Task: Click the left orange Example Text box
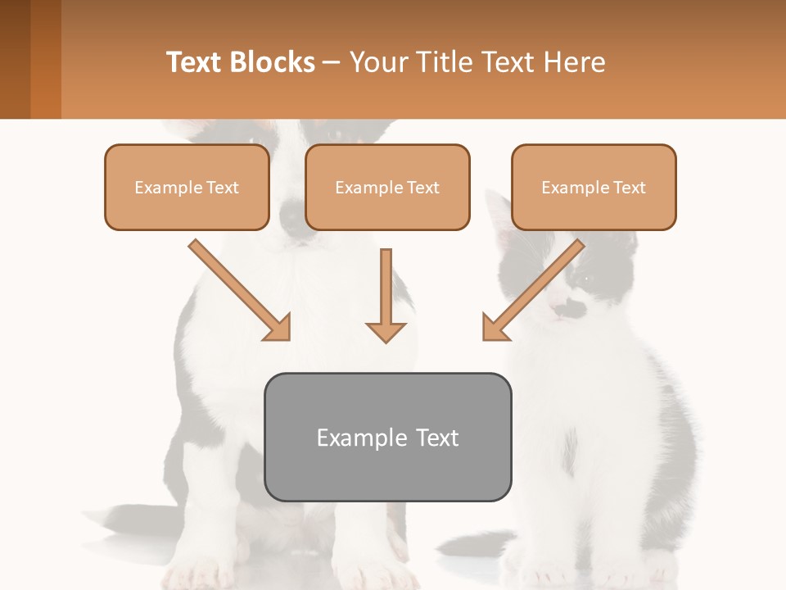(x=187, y=187)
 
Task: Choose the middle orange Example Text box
(x=387, y=187)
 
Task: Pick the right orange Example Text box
(x=594, y=187)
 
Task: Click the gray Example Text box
(x=387, y=437)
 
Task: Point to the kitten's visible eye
(x=584, y=279)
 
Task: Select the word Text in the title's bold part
(x=194, y=62)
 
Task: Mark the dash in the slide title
(x=332, y=62)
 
